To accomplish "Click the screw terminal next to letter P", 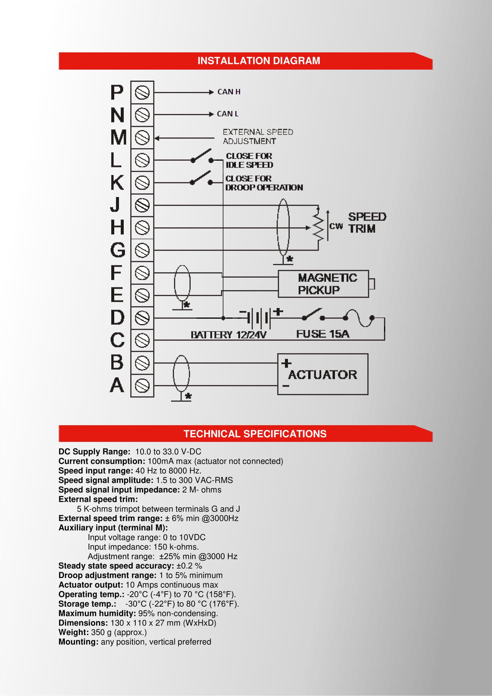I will [x=142, y=93].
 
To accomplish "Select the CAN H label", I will [x=229, y=92].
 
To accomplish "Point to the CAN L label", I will [x=228, y=114].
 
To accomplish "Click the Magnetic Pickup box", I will [x=323, y=284].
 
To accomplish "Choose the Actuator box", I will [x=323, y=374].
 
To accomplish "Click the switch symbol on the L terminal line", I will [x=202, y=156].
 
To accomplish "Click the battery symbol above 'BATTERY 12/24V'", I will [x=258, y=318].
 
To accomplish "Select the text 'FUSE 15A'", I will [x=323, y=334].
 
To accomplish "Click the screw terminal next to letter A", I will [x=142, y=386].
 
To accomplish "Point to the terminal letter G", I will [x=117, y=250].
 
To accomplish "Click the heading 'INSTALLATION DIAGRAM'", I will [x=259, y=61].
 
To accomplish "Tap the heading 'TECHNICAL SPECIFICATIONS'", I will [x=255, y=434].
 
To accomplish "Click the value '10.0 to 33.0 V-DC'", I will [x=168, y=452].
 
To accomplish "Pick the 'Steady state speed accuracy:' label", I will [x=116, y=566].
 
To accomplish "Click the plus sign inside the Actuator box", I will [x=286, y=363].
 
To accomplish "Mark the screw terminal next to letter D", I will [x=142, y=318].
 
